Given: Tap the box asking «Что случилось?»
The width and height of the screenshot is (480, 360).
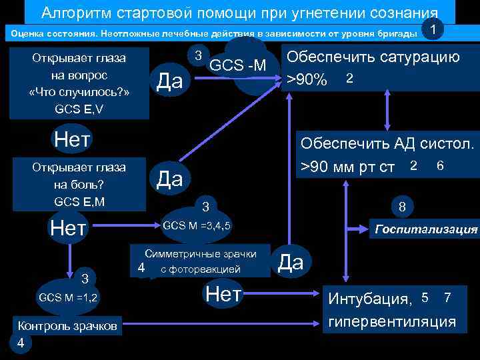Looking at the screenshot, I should tap(79, 83).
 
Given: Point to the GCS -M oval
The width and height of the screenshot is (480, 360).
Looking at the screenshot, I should tap(237, 65).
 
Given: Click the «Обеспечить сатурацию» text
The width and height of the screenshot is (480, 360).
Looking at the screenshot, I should tap(373, 57).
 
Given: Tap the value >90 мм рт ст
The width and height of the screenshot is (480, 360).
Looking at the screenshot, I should tap(347, 166).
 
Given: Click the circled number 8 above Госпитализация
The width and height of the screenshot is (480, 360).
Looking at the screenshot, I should tap(402, 207).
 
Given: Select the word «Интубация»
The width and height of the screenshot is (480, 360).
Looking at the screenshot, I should tap(369, 299).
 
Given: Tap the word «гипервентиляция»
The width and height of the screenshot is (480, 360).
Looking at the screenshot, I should tap(391, 321).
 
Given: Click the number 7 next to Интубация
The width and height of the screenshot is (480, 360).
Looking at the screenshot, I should tap(447, 297).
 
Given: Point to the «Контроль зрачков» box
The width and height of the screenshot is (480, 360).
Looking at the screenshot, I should tap(67, 326).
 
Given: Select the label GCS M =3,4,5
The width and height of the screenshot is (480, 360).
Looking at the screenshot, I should tap(197, 225).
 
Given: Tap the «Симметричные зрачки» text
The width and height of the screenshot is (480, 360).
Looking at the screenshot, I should tap(201, 254).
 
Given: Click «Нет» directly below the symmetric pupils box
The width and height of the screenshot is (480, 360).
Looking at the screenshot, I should tap(223, 293).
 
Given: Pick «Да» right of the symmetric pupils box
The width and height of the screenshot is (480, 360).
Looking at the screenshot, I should tap(290, 262).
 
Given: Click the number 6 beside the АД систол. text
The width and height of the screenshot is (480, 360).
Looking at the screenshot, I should tap(440, 165).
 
